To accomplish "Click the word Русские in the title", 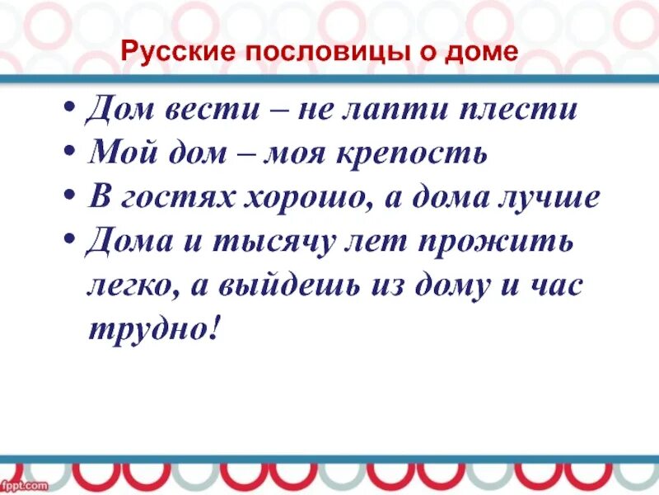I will point(168,54).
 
